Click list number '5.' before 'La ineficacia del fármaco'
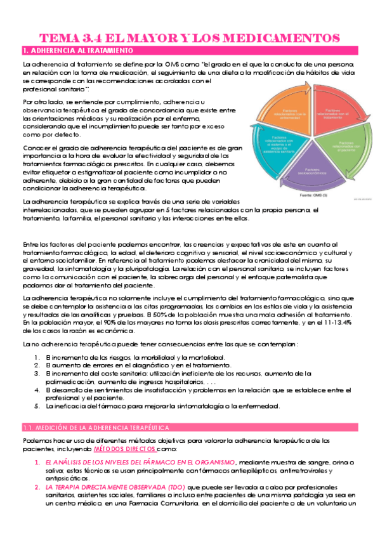click(37, 406)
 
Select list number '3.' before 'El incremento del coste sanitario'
click(37, 374)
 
